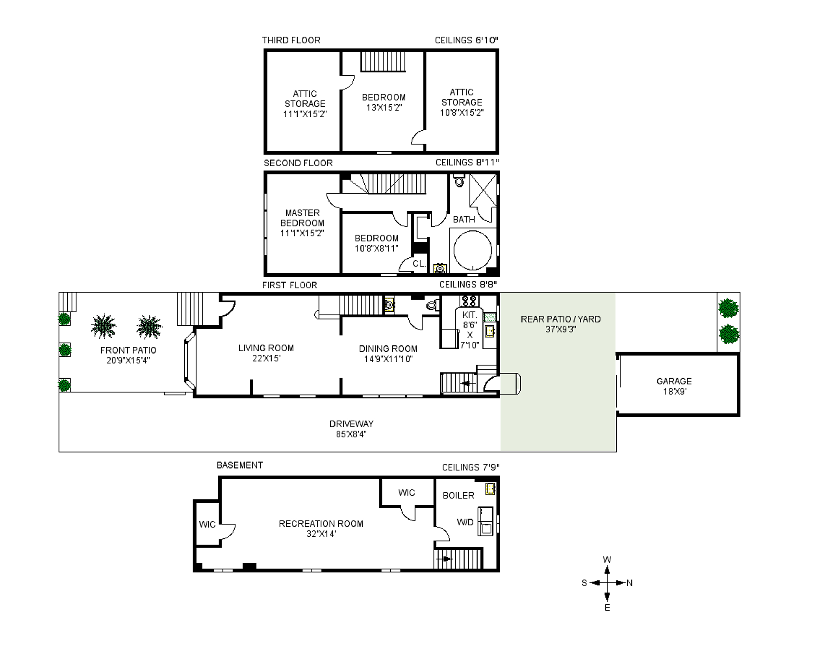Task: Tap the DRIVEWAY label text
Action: click(x=351, y=424)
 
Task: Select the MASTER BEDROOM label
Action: click(x=302, y=218)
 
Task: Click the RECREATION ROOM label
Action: click(x=321, y=524)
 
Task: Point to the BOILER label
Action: click(x=459, y=496)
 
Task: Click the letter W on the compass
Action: click(x=607, y=560)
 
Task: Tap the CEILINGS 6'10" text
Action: click(x=466, y=40)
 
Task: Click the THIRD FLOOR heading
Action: click(x=291, y=40)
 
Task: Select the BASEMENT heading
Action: click(x=240, y=465)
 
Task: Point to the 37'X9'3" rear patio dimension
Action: click(x=560, y=329)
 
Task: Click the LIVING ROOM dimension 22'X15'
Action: click(x=266, y=358)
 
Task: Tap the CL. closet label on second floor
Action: click(x=419, y=264)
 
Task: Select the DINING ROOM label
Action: click(x=388, y=349)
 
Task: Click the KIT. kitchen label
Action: click(x=469, y=315)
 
